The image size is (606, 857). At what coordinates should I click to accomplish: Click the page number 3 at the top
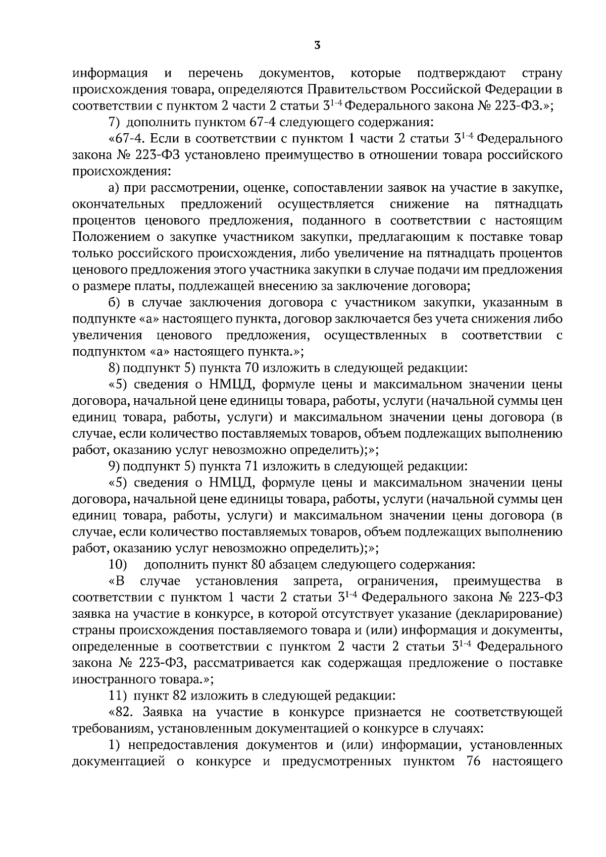tap(317, 46)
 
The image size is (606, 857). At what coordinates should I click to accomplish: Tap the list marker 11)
tap(118, 695)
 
